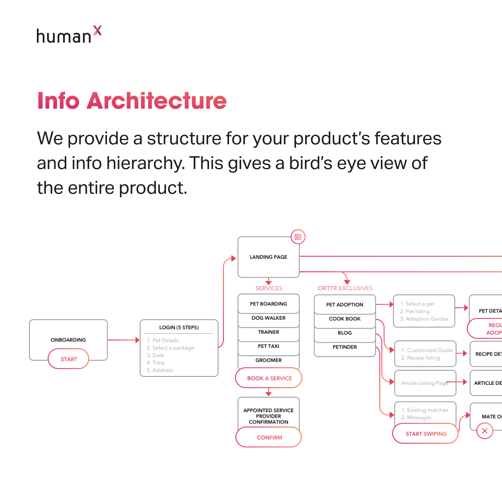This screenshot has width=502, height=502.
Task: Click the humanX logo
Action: pos(69,35)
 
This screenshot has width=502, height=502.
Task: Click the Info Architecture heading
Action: pos(132,101)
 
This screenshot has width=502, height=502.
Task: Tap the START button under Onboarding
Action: pos(69,359)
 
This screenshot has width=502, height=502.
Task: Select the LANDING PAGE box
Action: pos(269,257)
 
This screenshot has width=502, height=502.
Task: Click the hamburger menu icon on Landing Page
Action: pos(298,237)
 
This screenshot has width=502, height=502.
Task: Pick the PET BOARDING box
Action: pos(269,304)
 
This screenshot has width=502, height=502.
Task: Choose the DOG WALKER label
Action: pos(269,318)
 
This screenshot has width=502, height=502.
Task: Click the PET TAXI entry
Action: pos(269,346)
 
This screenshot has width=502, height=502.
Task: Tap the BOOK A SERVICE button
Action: pos(269,378)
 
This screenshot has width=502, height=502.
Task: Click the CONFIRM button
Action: pos(269,437)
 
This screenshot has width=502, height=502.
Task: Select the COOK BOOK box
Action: pos(345,319)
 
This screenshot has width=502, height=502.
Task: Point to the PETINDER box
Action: pos(345,347)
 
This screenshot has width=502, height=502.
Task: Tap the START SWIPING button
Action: pos(426,434)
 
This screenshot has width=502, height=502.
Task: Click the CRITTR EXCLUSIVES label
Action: pos(345,288)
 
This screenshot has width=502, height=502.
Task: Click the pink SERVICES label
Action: pos(269,288)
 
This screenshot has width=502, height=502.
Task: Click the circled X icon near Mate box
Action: pos(485,431)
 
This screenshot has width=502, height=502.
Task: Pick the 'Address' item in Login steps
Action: pos(162,370)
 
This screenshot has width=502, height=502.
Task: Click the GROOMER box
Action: pos(269,360)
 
